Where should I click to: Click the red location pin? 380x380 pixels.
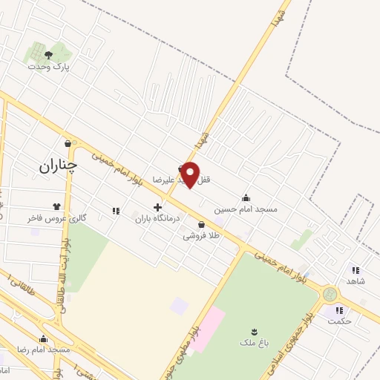coord(191,174)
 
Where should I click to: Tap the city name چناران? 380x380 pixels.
coord(58,166)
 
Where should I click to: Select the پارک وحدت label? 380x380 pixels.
coord(48,67)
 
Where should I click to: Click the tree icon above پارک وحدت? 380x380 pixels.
coord(48,55)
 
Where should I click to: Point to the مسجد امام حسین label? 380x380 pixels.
coord(246,209)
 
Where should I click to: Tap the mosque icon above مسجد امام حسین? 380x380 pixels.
coord(246,197)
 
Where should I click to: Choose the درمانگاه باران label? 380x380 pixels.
coord(157,220)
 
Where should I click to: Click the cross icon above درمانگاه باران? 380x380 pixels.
coord(157,208)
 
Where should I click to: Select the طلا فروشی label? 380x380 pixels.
coord(201,236)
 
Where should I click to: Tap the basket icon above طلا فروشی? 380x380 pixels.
coord(201,224)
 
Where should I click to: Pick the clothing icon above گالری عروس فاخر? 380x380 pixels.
coord(57,206)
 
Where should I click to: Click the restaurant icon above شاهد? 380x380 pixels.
coord(356,270)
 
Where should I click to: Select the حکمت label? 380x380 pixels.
coord(339,321)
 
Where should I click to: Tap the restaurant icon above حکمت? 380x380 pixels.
coord(339,309)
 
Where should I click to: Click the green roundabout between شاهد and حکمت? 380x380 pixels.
coord(330,295)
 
